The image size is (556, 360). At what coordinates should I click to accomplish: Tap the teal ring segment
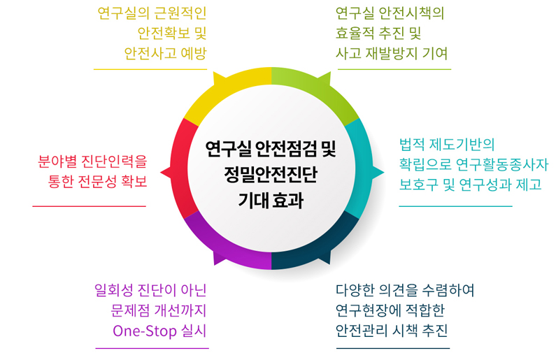click(362, 168)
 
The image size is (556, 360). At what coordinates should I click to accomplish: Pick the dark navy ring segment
click(315, 248)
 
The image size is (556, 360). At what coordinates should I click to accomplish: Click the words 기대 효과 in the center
click(271, 200)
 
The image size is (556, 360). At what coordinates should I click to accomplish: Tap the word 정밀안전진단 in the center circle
click(271, 174)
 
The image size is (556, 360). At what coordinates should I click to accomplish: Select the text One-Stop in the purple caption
click(145, 331)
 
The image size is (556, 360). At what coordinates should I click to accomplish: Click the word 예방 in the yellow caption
click(194, 54)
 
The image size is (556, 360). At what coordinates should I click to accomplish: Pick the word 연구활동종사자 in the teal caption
click(502, 164)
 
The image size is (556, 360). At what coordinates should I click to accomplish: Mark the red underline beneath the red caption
click(89, 206)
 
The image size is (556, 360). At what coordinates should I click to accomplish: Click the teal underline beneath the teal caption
click(456, 206)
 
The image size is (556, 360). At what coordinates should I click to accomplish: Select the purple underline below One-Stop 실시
click(152, 348)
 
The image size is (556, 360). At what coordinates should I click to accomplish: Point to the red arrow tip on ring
click(161, 173)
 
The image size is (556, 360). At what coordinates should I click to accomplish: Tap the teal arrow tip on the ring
click(384, 173)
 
